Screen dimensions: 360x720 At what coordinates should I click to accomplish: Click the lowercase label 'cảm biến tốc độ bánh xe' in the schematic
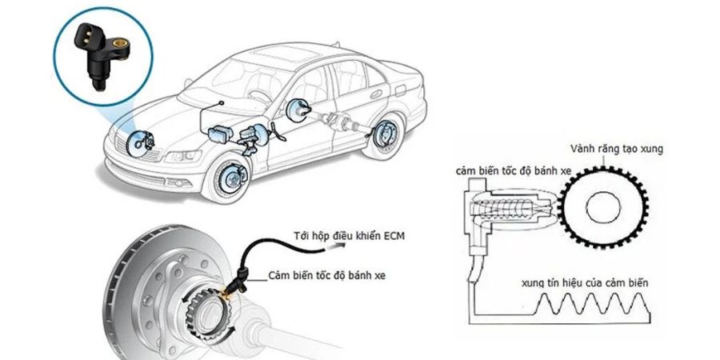point(501,170)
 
